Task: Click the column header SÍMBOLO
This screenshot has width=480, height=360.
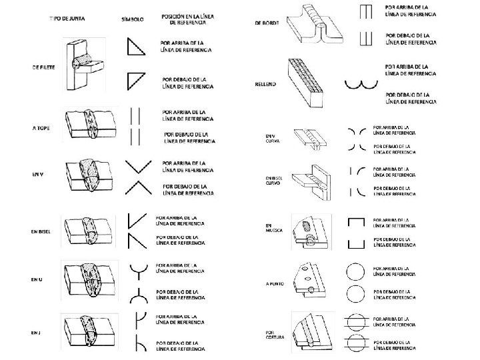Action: point(133,19)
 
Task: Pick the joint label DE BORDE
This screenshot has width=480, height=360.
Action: point(266,23)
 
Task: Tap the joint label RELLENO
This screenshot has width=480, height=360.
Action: point(265,84)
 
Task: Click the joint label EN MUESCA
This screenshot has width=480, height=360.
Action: point(274,228)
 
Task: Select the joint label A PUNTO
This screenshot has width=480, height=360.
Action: point(275,283)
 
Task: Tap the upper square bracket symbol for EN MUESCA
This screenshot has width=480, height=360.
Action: point(357,221)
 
